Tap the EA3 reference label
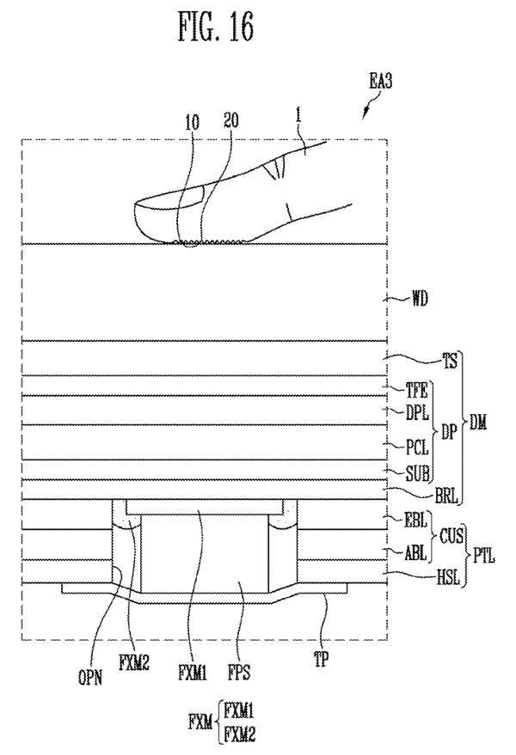pos(380,81)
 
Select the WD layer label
pos(420,300)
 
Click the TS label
pos(450,361)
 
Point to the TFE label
pos(416,391)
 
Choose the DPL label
pos(417,412)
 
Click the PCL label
pos(417,448)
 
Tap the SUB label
pos(417,474)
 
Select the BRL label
pos(446,496)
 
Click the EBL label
pos(415,521)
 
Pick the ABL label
pos(415,553)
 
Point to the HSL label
pos(448,577)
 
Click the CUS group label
pos(451,536)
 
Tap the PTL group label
pos(483,557)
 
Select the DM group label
pos(478,423)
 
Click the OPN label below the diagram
pos(90,678)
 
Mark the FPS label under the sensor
pos(239,672)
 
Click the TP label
pos(321,660)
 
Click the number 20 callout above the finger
pos(231,121)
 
